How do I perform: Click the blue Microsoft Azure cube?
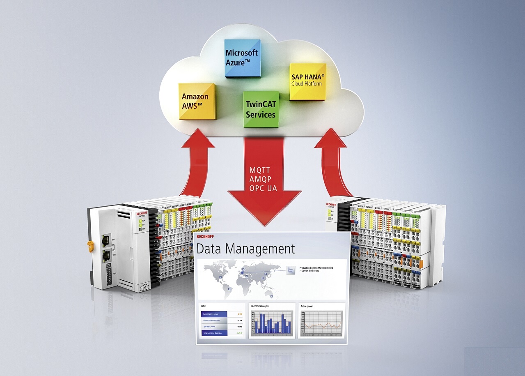click(242, 58)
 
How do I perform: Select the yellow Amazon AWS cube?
click(197, 101)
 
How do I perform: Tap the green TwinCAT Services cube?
click(261, 110)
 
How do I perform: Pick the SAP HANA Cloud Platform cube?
click(307, 81)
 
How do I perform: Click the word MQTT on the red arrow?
click(260, 170)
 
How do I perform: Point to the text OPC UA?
click(263, 189)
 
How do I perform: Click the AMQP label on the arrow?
click(260, 179)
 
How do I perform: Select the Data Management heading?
click(245, 249)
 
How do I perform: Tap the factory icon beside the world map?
click(291, 270)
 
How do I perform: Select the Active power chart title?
click(309, 306)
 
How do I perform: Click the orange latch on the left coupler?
click(90, 246)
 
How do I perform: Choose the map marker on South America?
click(229, 288)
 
